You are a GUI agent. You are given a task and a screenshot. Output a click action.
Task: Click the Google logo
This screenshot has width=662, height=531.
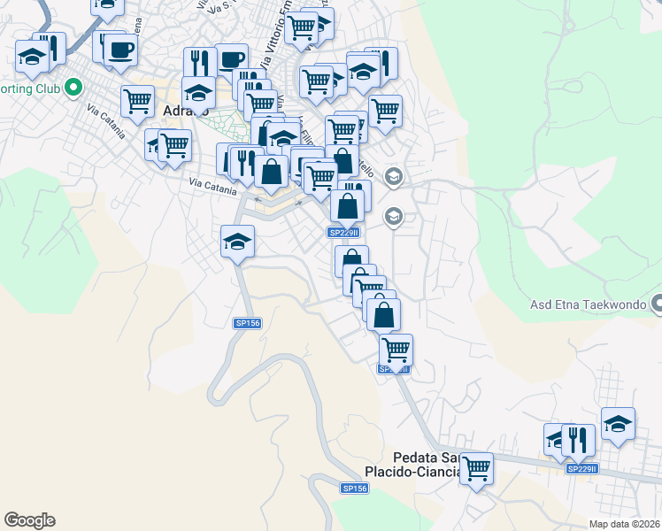pyautogui.click(x=29, y=520)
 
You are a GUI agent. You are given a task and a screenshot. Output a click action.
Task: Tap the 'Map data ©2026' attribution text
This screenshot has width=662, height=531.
pyautogui.click(x=624, y=524)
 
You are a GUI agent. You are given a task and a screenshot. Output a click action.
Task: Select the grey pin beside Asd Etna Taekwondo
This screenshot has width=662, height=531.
pyautogui.click(x=656, y=305)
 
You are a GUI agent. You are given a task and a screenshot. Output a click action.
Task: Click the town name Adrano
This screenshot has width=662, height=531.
pyautogui.click(x=187, y=112)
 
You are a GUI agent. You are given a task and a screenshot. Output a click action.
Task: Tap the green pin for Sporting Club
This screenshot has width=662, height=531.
pyautogui.click(x=73, y=88)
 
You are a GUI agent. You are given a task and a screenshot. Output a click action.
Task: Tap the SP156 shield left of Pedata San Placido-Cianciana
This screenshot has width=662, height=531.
pyautogui.click(x=354, y=488)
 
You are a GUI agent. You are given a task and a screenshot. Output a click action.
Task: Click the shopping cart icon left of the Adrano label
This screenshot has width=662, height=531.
pyautogui.click(x=138, y=101)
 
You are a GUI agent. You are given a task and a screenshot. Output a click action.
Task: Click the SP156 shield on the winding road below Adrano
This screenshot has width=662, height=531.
pyautogui.click(x=248, y=324)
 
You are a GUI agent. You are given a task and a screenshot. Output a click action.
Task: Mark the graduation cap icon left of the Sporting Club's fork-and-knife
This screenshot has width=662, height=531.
pyautogui.click(x=32, y=58)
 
